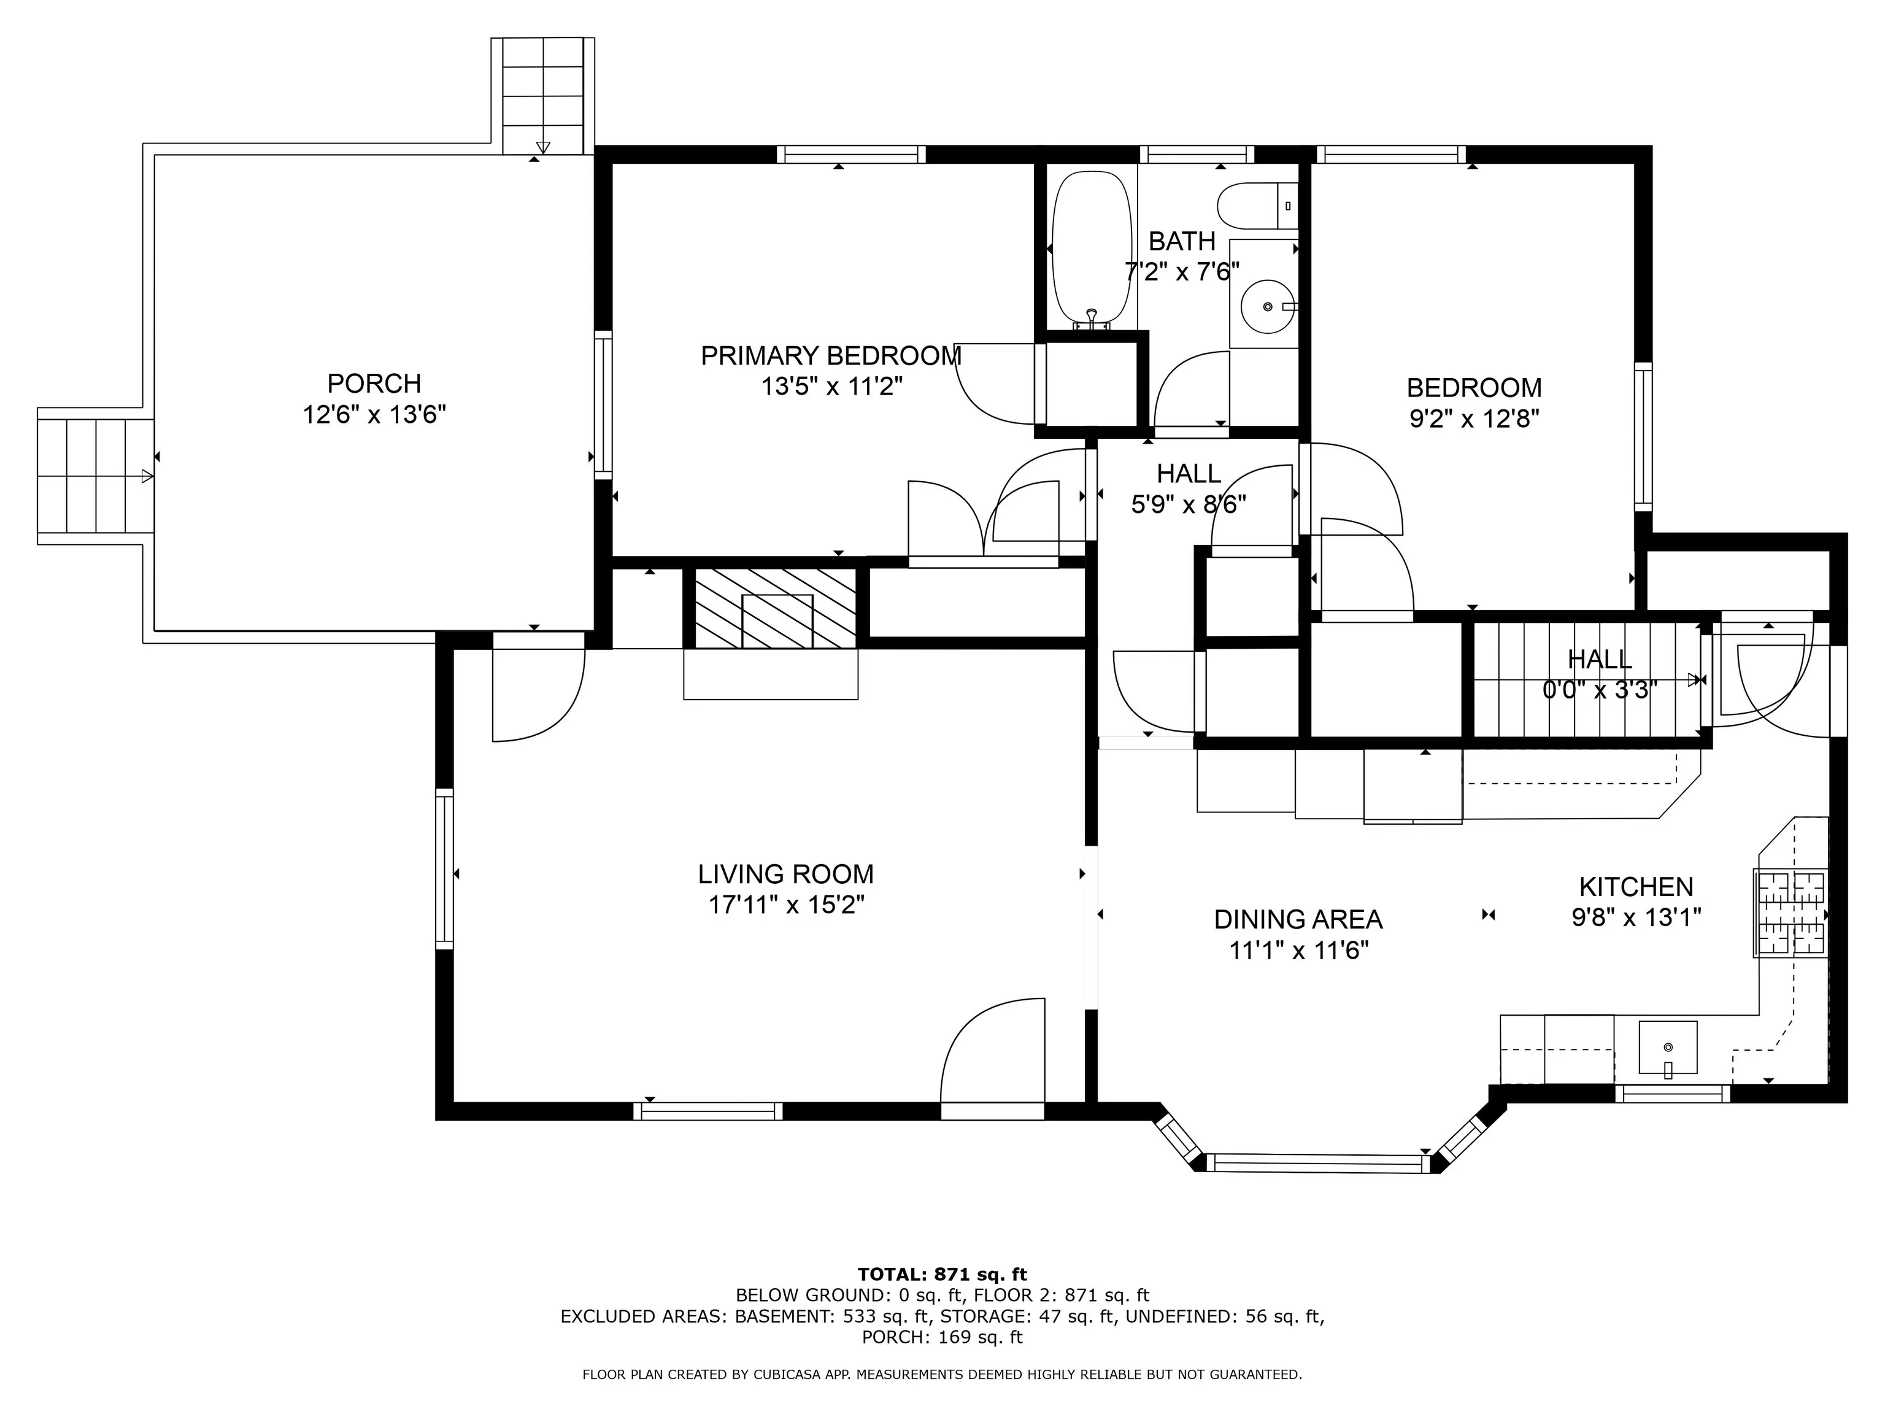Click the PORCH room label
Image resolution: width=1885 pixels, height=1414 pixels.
point(374,384)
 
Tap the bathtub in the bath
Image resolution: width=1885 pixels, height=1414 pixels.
point(1093,249)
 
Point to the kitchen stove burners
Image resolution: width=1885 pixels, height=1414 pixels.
point(1789,912)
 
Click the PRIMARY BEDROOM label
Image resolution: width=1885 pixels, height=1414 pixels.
point(831,355)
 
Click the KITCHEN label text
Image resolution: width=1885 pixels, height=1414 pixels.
point(1635,886)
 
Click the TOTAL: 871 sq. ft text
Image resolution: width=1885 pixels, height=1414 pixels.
point(942,1274)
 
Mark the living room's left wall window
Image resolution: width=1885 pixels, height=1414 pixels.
point(444,868)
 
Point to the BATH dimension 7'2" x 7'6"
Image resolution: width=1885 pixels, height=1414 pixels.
point(1182,272)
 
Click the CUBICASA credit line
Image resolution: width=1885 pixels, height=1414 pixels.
point(942,1374)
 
